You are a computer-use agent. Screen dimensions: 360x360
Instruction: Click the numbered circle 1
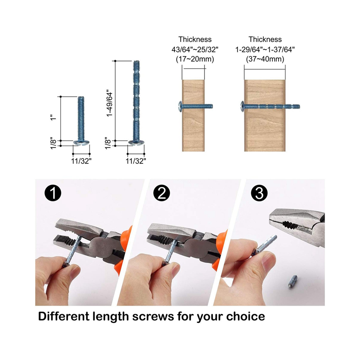coord(53,193)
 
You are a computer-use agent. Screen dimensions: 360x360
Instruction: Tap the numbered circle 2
coord(161,193)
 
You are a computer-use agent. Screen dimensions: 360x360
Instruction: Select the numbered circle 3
coord(259,193)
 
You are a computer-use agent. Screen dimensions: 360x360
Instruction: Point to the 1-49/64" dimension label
coord(110,104)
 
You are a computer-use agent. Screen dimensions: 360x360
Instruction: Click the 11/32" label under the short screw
coord(81,161)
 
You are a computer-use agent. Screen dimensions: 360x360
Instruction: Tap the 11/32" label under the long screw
coord(136,161)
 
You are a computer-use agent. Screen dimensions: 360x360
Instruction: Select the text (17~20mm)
coord(195,59)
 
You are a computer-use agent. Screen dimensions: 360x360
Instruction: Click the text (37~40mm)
coord(265,59)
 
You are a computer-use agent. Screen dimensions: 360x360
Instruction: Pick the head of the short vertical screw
coord(81,143)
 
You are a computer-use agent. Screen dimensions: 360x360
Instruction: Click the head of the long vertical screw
coord(136,143)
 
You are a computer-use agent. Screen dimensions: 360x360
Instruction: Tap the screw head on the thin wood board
coord(180,107)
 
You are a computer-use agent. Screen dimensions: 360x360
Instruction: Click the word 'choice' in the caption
coord(245,316)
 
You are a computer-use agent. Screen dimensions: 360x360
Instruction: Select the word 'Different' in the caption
coord(64,316)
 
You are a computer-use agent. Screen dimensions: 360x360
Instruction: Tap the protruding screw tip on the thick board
coord(293,107)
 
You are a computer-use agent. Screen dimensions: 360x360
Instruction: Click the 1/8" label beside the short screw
coord(53,144)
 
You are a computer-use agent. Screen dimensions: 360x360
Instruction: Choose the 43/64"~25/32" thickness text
coord(195,49)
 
